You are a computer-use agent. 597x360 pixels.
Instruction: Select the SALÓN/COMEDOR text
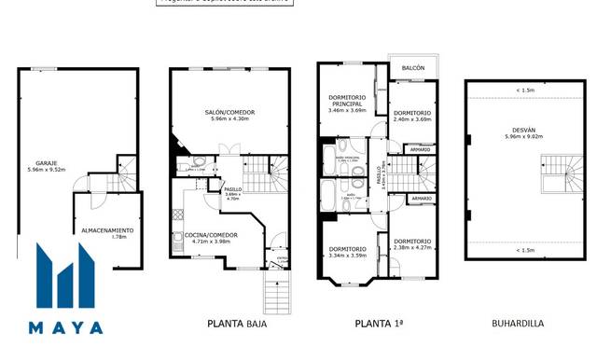(229, 113)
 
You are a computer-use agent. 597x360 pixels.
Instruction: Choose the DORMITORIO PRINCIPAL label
(347, 101)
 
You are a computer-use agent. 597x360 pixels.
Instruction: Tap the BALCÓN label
(413, 69)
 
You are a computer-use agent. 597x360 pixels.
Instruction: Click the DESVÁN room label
(522, 130)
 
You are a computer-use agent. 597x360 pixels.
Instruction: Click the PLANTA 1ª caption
(379, 324)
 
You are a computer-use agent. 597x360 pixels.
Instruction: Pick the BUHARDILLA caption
(518, 324)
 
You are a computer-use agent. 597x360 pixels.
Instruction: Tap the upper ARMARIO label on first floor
(421, 149)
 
